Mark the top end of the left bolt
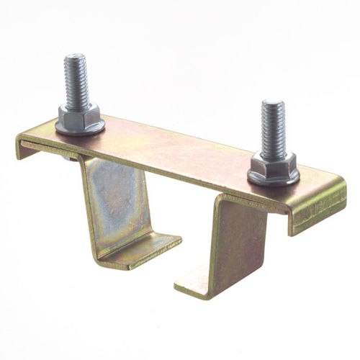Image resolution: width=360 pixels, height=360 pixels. coord(74,57)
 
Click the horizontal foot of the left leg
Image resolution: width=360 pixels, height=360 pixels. coord(144,249)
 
